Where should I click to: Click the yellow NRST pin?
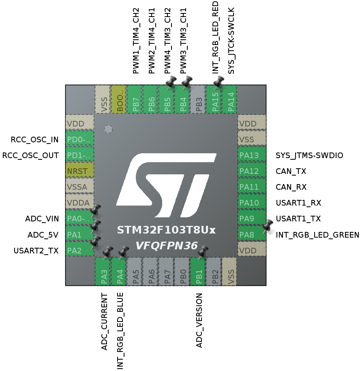pos(79,171)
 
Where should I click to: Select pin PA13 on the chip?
pos(251,155)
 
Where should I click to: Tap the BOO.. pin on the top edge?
pos(118,99)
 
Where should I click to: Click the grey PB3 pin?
pos(198,99)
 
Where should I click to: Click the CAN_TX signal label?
pos(291,171)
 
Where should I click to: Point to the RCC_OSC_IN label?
pos(34,140)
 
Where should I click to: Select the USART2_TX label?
pos(36,251)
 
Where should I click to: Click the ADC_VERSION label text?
pos(199,320)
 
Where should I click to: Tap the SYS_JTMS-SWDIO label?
pos(309,155)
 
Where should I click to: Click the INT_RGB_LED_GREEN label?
pos(317,235)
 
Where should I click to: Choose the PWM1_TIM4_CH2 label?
pos(136,41)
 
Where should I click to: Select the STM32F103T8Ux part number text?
pos(166,230)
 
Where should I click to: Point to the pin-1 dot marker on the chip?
pos(108,129)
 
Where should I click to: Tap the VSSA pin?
pos(79,187)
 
